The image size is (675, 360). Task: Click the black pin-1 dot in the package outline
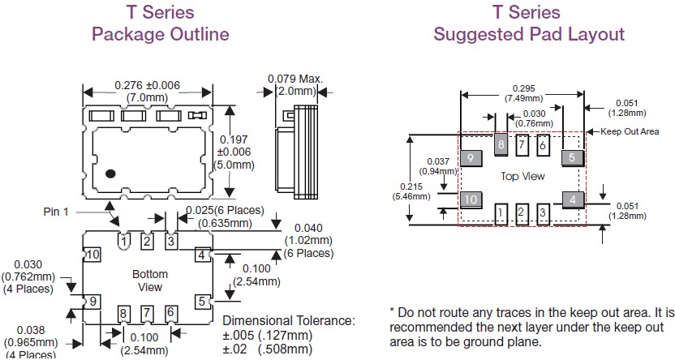(x=112, y=172)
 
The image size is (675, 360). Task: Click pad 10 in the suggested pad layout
(x=471, y=199)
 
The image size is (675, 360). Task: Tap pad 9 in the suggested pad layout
(x=471, y=158)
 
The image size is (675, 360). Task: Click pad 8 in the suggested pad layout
(x=502, y=146)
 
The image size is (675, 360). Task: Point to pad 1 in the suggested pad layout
(x=502, y=214)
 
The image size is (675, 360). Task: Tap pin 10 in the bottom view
(x=94, y=255)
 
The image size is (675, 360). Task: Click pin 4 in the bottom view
(x=200, y=255)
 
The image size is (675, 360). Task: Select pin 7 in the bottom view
(x=147, y=313)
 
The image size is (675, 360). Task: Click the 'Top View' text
(x=522, y=176)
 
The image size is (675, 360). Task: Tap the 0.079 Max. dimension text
(x=295, y=79)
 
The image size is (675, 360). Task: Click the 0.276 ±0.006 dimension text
(x=147, y=86)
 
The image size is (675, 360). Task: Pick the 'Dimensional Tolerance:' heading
(x=289, y=320)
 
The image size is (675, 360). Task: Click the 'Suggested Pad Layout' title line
(x=529, y=34)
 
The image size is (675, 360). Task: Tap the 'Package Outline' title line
(x=160, y=34)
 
